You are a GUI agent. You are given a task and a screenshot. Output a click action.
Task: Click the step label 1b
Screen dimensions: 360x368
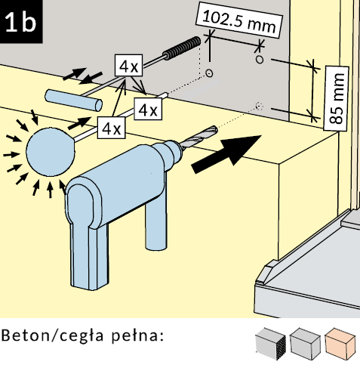pos(20,22)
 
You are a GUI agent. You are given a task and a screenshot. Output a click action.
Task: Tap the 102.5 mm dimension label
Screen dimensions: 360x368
pos(239,20)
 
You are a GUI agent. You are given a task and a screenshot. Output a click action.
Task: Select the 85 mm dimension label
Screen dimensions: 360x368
pos(336,98)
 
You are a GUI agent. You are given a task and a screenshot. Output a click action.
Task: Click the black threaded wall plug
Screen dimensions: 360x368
pos(182,48)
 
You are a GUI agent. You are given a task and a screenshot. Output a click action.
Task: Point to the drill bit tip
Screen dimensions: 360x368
pos(217,129)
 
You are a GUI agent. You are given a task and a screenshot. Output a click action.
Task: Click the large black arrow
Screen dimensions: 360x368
pos(226,153)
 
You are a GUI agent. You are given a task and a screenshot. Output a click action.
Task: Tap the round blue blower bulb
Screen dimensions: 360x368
pos(51,152)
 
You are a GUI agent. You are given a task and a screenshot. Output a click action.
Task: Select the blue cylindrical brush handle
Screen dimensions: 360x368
pos(73,100)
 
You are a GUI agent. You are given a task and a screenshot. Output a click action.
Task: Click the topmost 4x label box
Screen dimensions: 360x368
pos(129,65)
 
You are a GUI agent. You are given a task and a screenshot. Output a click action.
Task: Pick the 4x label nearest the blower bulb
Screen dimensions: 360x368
pos(111,128)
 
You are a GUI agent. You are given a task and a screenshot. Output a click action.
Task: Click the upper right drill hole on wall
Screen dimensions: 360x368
pos(260,60)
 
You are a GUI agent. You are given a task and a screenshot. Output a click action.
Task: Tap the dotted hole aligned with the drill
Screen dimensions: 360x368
pos(259,106)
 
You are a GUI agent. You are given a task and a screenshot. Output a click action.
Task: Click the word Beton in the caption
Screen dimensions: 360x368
pos(25,336)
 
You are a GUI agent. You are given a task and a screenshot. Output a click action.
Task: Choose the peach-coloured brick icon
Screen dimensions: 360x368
pos(340,343)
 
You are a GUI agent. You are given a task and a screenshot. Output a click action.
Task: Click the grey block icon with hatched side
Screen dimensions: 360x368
pos(271,343)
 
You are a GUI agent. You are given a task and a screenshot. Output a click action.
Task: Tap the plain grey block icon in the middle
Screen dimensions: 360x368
pos(305,343)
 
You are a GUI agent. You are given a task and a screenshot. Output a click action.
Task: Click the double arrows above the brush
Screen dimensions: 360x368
pos(82,75)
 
